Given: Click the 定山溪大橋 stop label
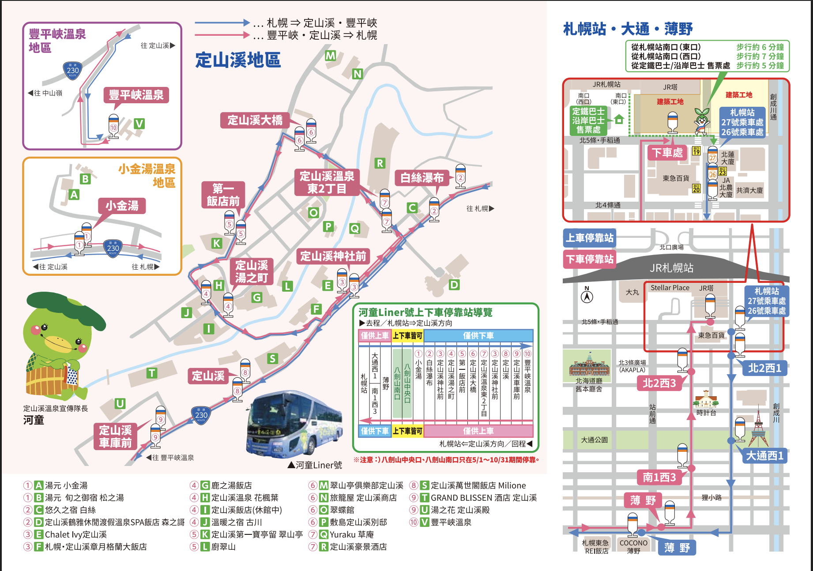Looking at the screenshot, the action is (255, 120).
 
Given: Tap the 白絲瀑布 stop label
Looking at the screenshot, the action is (422, 178).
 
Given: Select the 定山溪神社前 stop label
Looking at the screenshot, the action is (333, 256).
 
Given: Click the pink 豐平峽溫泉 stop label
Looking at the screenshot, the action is (136, 95).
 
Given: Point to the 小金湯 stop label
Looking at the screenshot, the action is (122, 206).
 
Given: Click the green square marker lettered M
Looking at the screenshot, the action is (330, 56).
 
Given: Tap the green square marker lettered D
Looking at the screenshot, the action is (454, 285).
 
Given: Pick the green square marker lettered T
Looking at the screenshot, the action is (152, 373).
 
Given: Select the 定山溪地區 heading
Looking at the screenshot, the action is (238, 60).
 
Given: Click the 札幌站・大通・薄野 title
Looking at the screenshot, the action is (628, 29).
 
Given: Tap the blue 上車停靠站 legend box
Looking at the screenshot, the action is (590, 238).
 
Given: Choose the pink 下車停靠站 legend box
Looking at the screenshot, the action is (590, 259).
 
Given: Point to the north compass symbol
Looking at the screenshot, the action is (587, 295).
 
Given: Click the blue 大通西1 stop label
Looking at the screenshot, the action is (764, 455).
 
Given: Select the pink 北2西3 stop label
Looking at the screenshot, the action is (659, 383).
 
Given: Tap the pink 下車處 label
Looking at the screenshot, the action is (667, 153).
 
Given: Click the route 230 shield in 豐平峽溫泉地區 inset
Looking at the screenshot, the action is (73, 70).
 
